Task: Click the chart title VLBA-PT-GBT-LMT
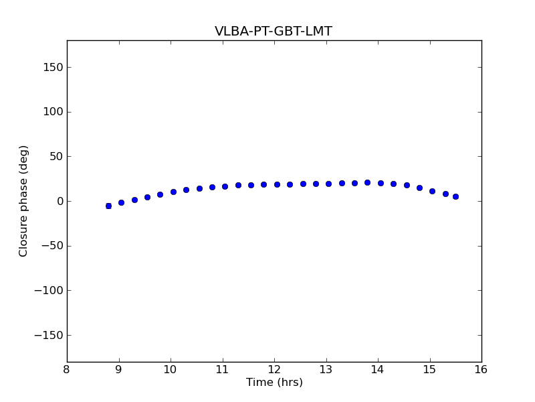pyautogui.click(x=273, y=31)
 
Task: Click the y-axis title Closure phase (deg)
pyautogui.click(x=24, y=201)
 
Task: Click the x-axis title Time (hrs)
pyautogui.click(x=274, y=383)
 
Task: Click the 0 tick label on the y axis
pyautogui.click(x=59, y=201)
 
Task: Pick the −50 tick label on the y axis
pyautogui.click(x=51, y=246)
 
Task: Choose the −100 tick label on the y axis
pyautogui.click(x=48, y=291)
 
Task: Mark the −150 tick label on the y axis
pyautogui.click(x=48, y=335)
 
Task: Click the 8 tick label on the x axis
pyautogui.click(x=67, y=370)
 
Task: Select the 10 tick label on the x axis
pyautogui.click(x=171, y=370)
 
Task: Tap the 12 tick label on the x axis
pyautogui.click(x=274, y=370)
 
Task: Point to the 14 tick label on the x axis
pyautogui.click(x=378, y=370)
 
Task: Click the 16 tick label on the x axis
pyautogui.click(x=481, y=370)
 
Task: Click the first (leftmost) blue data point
pyautogui.click(x=108, y=206)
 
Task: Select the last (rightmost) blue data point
pyautogui.click(x=455, y=196)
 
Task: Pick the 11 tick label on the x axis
pyautogui.click(x=222, y=370)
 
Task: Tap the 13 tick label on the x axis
pyautogui.click(x=326, y=370)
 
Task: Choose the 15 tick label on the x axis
pyautogui.click(x=429, y=370)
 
